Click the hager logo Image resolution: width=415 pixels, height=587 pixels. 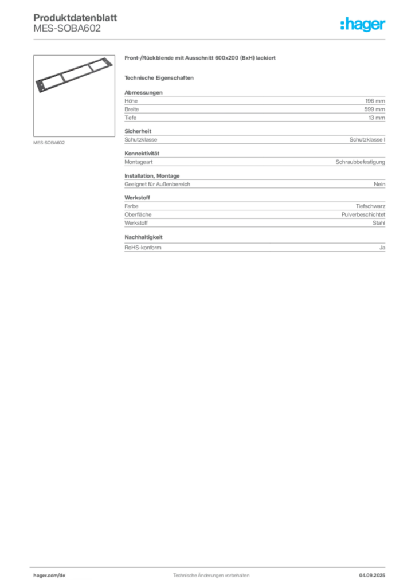363,24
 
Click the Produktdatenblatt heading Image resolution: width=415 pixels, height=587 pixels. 75,18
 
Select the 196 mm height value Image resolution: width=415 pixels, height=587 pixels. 375,101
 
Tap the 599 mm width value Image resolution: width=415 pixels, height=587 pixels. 374,109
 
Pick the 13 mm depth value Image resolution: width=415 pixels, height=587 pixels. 377,118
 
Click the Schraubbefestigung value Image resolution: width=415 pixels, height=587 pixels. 360,162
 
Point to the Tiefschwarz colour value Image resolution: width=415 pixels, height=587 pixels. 370,206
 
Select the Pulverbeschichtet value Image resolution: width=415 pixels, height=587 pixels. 363,214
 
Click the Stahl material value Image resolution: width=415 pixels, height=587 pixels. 379,223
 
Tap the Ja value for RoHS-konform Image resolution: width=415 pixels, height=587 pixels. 382,248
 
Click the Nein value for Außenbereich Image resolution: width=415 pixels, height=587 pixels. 379,184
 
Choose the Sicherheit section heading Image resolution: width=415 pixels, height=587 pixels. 138,131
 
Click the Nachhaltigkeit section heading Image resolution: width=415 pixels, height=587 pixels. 143,237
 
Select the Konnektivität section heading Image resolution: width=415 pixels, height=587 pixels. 142,154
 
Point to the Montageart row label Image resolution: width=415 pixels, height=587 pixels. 139,162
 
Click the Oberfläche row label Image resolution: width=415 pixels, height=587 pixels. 138,214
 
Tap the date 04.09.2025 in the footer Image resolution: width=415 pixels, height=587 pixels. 372,576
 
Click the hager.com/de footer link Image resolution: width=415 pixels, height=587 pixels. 49,576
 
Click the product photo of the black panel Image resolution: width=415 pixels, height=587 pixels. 74,75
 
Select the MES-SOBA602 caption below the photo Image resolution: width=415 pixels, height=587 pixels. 49,143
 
